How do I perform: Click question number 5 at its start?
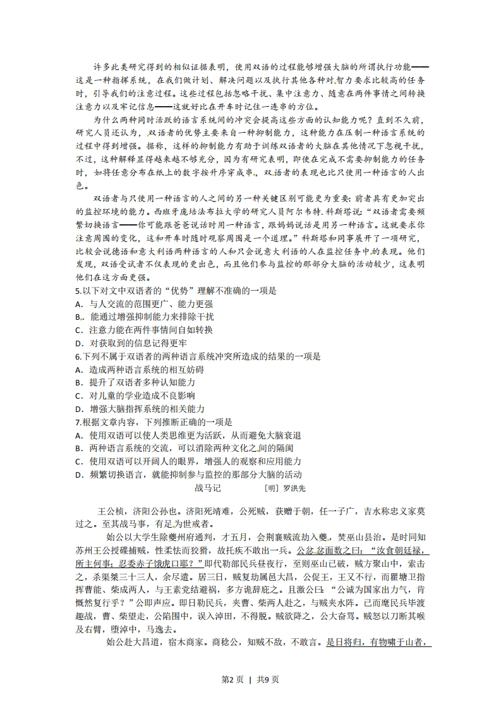[x=77, y=291]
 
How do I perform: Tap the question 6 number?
[x=77, y=357]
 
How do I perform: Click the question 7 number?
[x=77, y=422]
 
